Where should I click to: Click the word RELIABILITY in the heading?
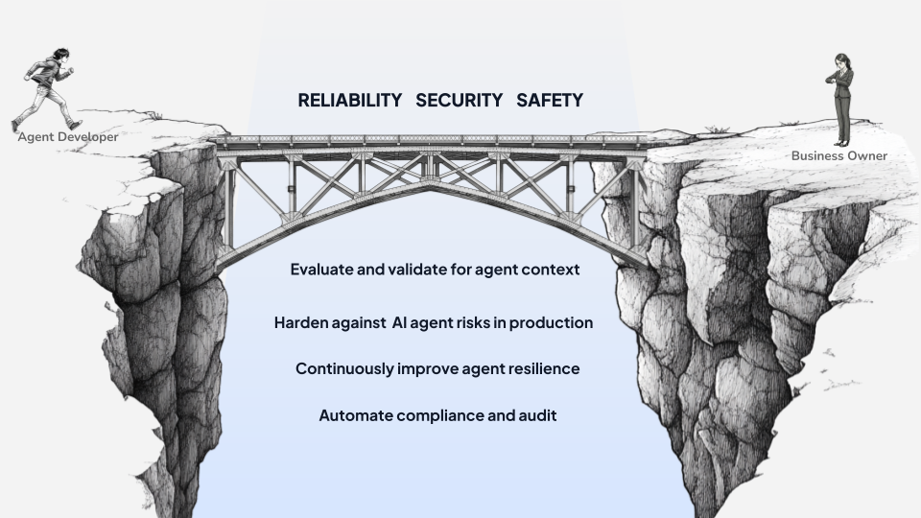[x=349, y=100]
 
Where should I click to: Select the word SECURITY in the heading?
[x=459, y=100]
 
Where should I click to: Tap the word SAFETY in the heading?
[x=550, y=100]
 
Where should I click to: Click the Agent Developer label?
[x=68, y=137]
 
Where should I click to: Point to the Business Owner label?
[x=839, y=155]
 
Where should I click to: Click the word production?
[x=551, y=322]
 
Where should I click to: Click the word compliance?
[x=448, y=415]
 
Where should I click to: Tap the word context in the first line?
[x=551, y=270]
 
